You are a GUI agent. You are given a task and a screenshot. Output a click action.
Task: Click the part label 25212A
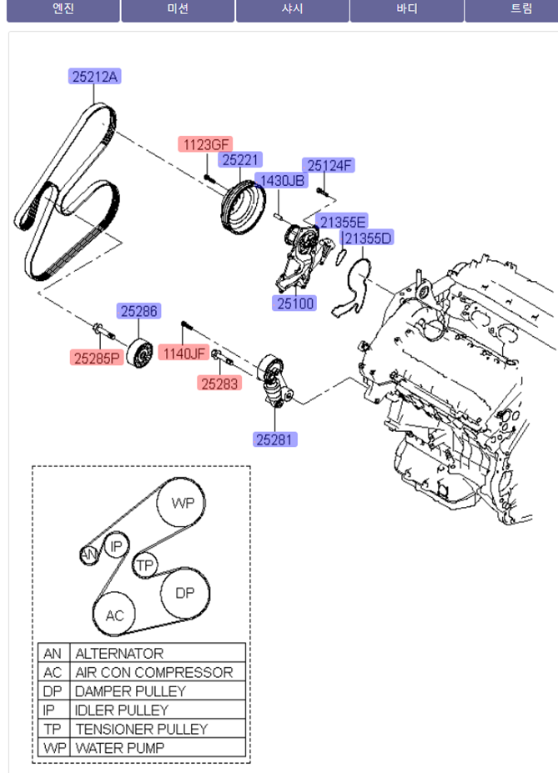click(x=94, y=77)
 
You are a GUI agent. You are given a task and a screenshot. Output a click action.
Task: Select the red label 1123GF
click(x=204, y=144)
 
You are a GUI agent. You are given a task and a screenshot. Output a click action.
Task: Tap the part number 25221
click(x=241, y=159)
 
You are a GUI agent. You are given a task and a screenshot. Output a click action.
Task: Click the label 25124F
click(x=330, y=165)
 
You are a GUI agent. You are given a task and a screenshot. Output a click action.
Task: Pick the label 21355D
click(x=368, y=239)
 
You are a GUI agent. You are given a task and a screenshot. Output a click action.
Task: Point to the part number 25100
click(x=295, y=304)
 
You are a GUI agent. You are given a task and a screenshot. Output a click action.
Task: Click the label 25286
click(x=138, y=312)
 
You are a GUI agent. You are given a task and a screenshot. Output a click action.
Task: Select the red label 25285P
click(x=97, y=358)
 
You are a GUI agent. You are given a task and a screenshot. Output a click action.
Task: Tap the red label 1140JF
click(x=183, y=354)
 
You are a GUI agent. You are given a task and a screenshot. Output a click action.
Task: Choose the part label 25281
click(x=275, y=439)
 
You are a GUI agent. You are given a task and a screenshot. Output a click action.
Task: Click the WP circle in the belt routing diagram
click(x=183, y=503)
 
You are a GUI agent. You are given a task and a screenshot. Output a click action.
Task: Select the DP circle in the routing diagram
click(x=184, y=594)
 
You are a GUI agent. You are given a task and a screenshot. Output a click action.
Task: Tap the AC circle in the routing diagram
click(x=114, y=615)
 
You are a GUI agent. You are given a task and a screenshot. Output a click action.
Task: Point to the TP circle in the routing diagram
click(x=145, y=565)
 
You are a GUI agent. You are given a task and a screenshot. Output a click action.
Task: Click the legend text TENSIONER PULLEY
click(x=141, y=729)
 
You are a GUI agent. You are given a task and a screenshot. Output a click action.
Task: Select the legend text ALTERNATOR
click(x=119, y=653)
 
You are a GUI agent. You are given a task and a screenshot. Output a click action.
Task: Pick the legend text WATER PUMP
click(x=119, y=748)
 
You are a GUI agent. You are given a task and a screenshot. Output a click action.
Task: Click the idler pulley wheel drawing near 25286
click(x=140, y=356)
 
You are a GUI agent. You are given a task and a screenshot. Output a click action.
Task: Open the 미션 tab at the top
click(x=178, y=9)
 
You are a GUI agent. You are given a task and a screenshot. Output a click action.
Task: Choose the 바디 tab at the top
click(x=406, y=9)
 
